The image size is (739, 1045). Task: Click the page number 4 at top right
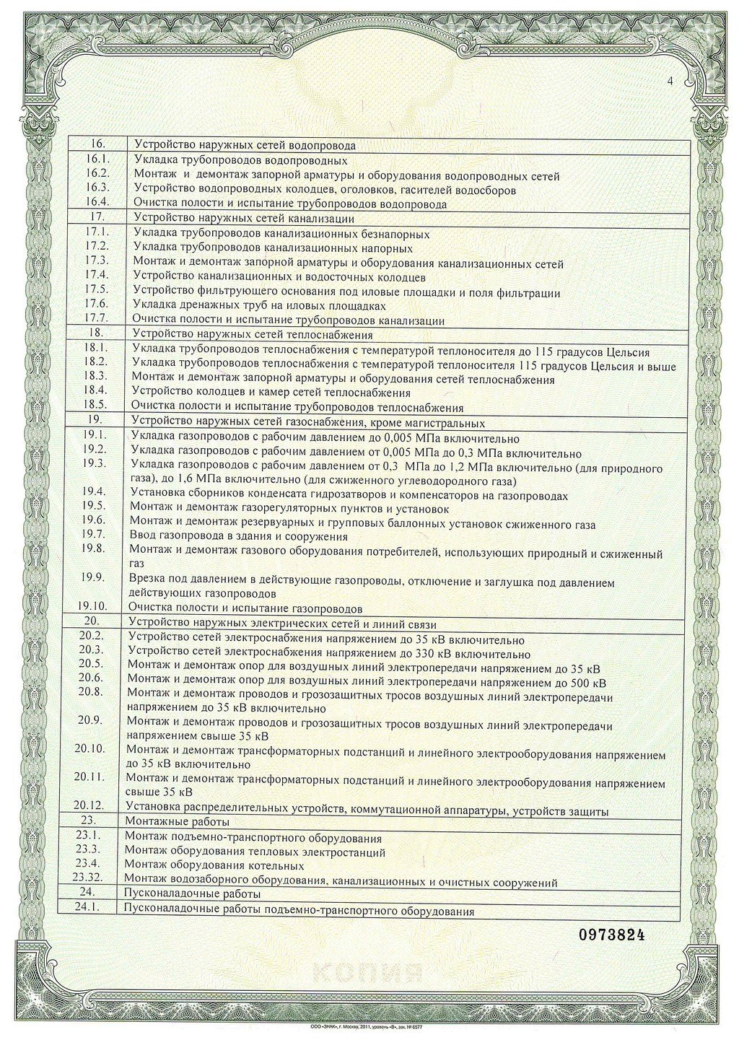click(670, 82)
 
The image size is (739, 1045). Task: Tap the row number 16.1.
click(97, 160)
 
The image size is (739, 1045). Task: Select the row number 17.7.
click(96, 318)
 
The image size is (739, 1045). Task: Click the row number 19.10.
click(92, 607)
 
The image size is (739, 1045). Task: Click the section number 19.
click(95, 420)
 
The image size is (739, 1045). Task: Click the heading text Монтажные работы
click(177, 822)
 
